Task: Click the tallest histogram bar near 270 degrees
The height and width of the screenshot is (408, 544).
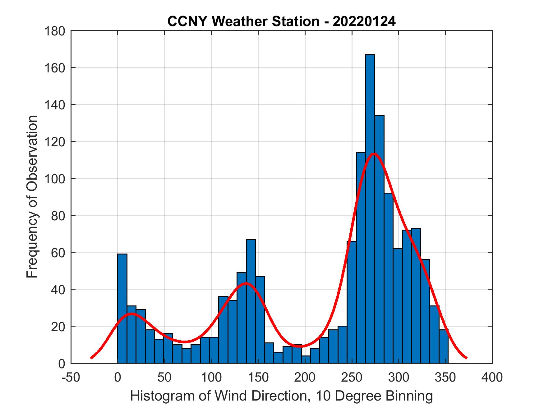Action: point(370,208)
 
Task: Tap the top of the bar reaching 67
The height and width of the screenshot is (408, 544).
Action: point(251,240)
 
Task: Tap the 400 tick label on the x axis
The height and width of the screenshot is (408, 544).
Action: point(492,377)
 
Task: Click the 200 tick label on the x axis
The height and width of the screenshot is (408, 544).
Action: point(305,377)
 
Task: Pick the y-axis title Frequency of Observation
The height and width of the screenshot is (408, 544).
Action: point(32,197)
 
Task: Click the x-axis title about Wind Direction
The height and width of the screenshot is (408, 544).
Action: point(281,396)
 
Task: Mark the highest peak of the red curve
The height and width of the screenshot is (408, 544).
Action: point(374,154)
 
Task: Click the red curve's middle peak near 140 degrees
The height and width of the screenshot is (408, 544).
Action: point(246,283)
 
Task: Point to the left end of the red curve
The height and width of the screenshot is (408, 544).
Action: point(91,358)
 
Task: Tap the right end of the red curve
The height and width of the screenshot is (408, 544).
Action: point(466,358)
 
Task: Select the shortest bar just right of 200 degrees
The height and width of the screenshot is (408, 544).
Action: point(306,359)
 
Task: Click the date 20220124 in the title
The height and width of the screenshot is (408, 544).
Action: point(364,22)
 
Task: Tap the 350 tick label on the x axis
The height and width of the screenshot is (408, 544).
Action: point(445,377)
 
